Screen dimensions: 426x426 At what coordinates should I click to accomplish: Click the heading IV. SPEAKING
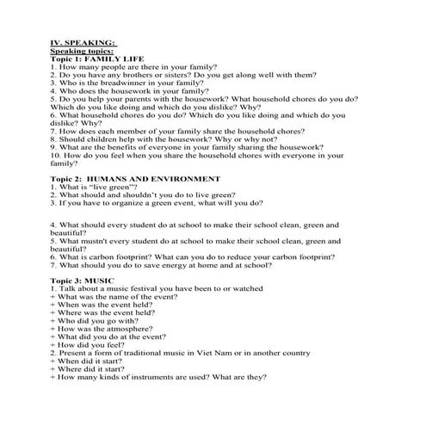pyautogui.click(x=83, y=40)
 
